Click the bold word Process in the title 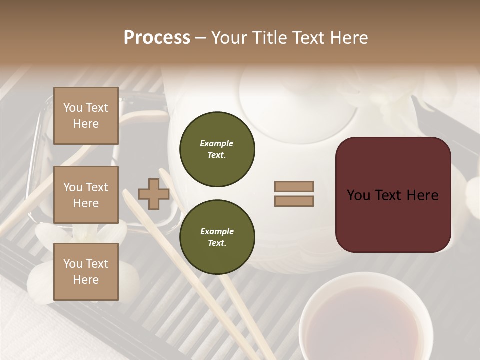(x=157, y=38)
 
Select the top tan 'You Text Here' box (x=86, y=116)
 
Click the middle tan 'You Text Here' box (x=86, y=195)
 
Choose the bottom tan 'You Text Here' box (x=86, y=272)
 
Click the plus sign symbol (x=154, y=194)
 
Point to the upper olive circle (x=217, y=149)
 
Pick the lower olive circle (x=217, y=237)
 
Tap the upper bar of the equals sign (x=294, y=186)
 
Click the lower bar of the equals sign (x=294, y=201)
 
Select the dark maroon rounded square (x=393, y=195)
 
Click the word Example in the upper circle (x=217, y=143)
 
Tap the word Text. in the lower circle (x=217, y=243)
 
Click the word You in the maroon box (x=359, y=195)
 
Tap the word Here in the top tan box (x=86, y=124)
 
